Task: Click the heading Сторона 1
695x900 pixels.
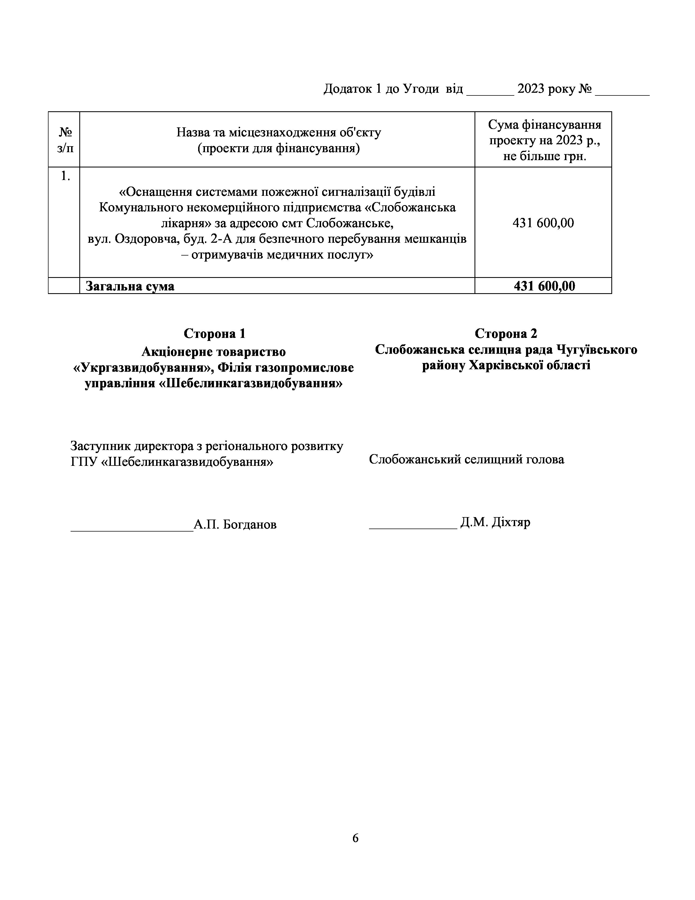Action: click(214, 333)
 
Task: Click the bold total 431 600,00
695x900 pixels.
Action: click(544, 286)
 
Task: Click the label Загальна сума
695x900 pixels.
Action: click(130, 286)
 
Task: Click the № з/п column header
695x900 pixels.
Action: click(65, 140)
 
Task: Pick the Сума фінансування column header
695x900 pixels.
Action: click(544, 140)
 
